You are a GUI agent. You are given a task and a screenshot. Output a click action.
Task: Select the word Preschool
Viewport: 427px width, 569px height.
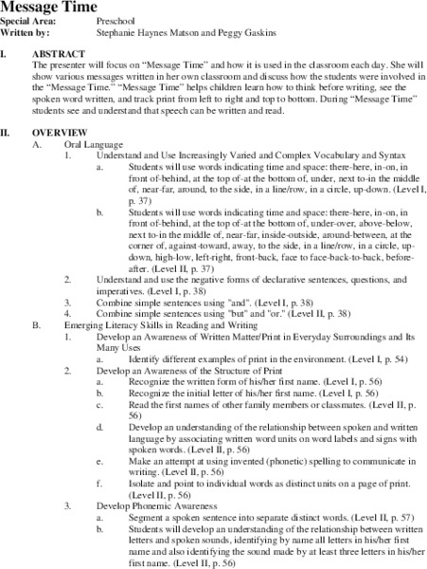tap(116, 19)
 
